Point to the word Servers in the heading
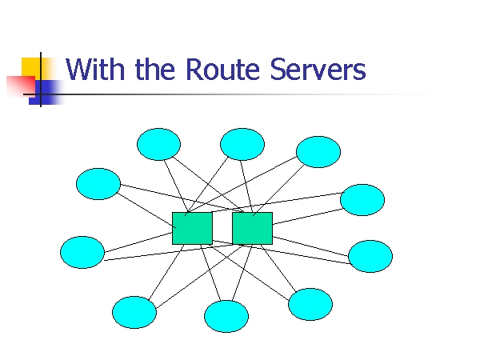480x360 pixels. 318,70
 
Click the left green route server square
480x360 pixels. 192,228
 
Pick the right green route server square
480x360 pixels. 252,228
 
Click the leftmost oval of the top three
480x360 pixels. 158,144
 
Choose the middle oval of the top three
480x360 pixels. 242,144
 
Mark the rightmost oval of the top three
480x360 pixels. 318,151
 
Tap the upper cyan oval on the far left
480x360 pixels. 98,184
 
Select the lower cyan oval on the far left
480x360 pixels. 82,252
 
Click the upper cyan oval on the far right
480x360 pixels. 362,200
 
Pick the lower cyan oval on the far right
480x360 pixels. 370,256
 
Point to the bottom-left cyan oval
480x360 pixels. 134,312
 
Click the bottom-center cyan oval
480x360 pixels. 226,316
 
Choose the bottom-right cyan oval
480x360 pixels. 310,304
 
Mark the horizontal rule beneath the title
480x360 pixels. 240,94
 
